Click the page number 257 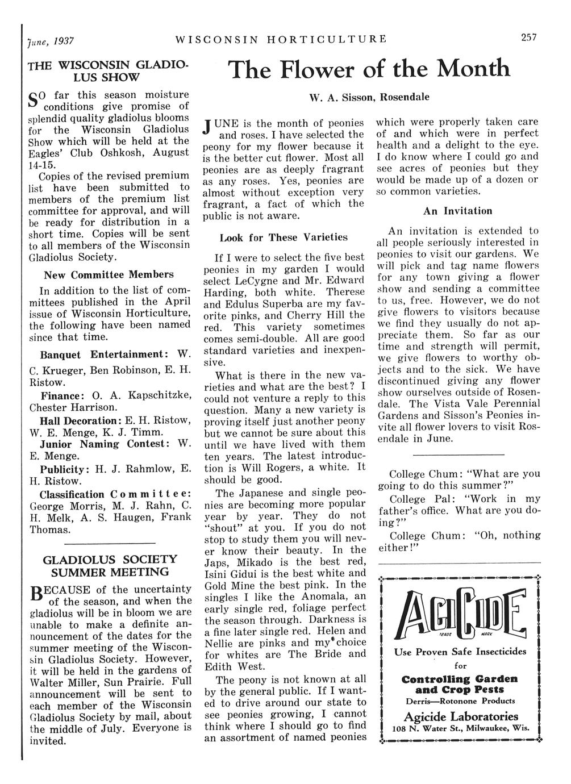tap(529, 38)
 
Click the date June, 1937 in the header tap(50, 41)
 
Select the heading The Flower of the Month tap(369, 70)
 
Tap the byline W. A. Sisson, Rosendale tap(369, 97)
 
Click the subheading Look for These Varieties tap(284, 237)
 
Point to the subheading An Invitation tap(457, 211)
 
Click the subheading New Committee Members tap(109, 274)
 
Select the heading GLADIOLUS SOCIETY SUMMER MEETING tap(110, 565)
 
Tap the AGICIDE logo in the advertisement tap(459, 612)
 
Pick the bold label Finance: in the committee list tap(62, 396)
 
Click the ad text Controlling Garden tap(460, 679)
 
